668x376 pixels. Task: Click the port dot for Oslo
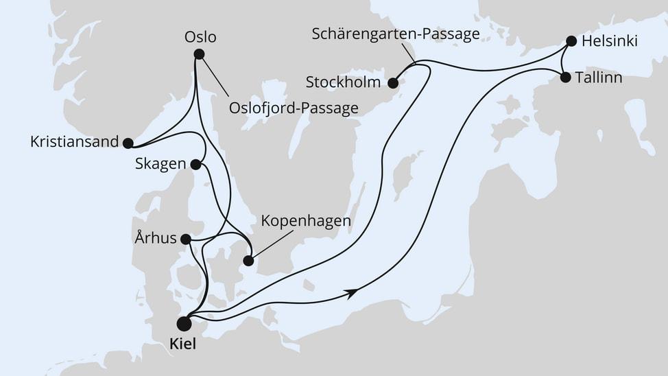coord(199,54)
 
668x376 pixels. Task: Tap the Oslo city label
coord(205,36)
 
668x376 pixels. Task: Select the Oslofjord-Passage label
coord(294,108)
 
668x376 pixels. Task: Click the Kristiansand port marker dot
coord(128,143)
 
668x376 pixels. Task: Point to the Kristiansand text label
coord(71,143)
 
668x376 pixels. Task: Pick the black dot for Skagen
coord(195,165)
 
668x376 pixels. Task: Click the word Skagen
coord(160,165)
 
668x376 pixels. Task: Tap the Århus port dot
coord(185,239)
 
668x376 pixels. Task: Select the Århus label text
coord(155,239)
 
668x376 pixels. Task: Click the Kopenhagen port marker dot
coord(248,261)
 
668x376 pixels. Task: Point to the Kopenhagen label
coord(306,222)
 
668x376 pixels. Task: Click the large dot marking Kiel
coord(184,323)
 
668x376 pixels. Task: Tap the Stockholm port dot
coord(393,84)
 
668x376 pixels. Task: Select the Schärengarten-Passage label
coord(395,33)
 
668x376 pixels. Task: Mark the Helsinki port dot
coord(571,41)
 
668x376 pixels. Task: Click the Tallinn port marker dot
coord(565,78)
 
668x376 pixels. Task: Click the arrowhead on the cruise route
coord(352,294)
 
